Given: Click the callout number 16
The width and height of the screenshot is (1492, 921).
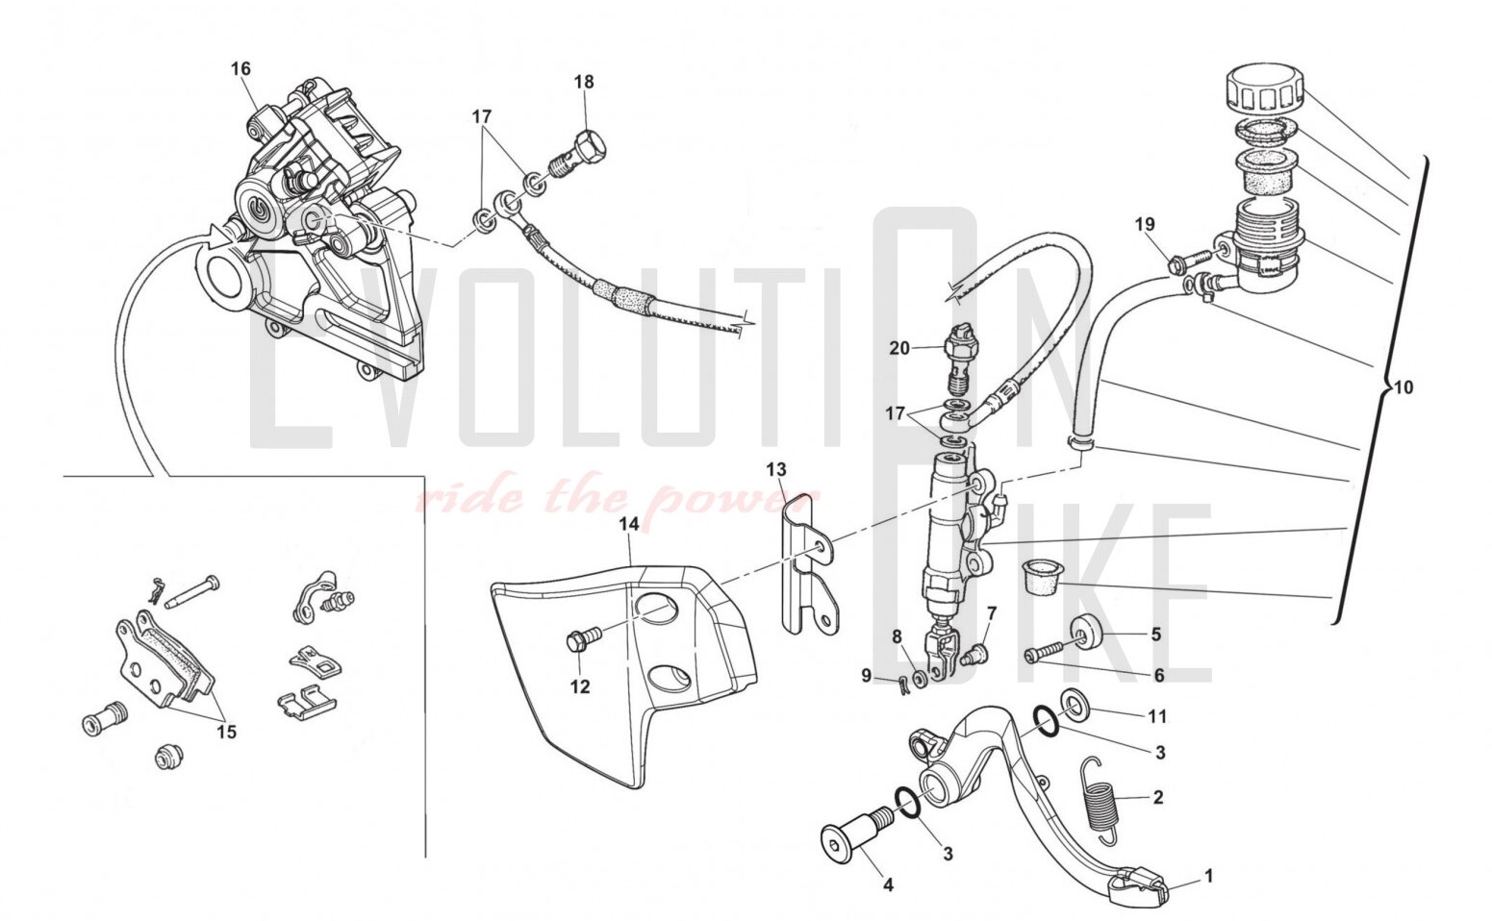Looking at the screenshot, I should tap(240, 68).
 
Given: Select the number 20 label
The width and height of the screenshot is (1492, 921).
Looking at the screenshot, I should tap(899, 349).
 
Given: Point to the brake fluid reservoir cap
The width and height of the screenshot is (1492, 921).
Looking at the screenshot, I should tap(1263, 89).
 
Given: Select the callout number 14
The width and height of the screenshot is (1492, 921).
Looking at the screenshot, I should tap(628, 524).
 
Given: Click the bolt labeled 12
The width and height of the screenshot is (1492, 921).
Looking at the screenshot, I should tap(581, 636).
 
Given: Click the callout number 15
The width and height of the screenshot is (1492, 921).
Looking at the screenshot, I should tap(226, 733).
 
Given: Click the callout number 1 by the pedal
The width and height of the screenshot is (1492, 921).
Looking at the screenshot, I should tap(1209, 876).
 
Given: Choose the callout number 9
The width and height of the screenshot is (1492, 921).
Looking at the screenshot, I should tap(866, 676).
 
